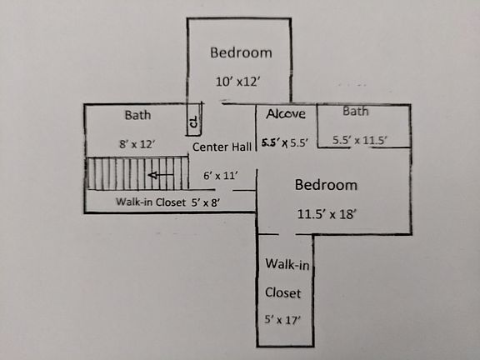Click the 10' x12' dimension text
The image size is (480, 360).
point(240,82)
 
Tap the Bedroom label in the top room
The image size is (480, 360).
point(240,52)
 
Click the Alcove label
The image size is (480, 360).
point(286,114)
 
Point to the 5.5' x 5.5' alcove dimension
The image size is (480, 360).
point(286,142)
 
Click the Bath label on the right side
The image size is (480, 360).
point(356,111)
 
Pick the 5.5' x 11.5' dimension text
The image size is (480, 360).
point(359,140)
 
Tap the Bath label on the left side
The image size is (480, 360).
point(137,114)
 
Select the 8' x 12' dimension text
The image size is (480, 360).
point(137,143)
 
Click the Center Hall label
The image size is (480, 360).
point(222,147)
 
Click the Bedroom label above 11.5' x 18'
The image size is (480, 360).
point(326,184)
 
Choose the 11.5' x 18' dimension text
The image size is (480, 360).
point(327,213)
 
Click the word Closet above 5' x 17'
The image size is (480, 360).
point(283,292)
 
